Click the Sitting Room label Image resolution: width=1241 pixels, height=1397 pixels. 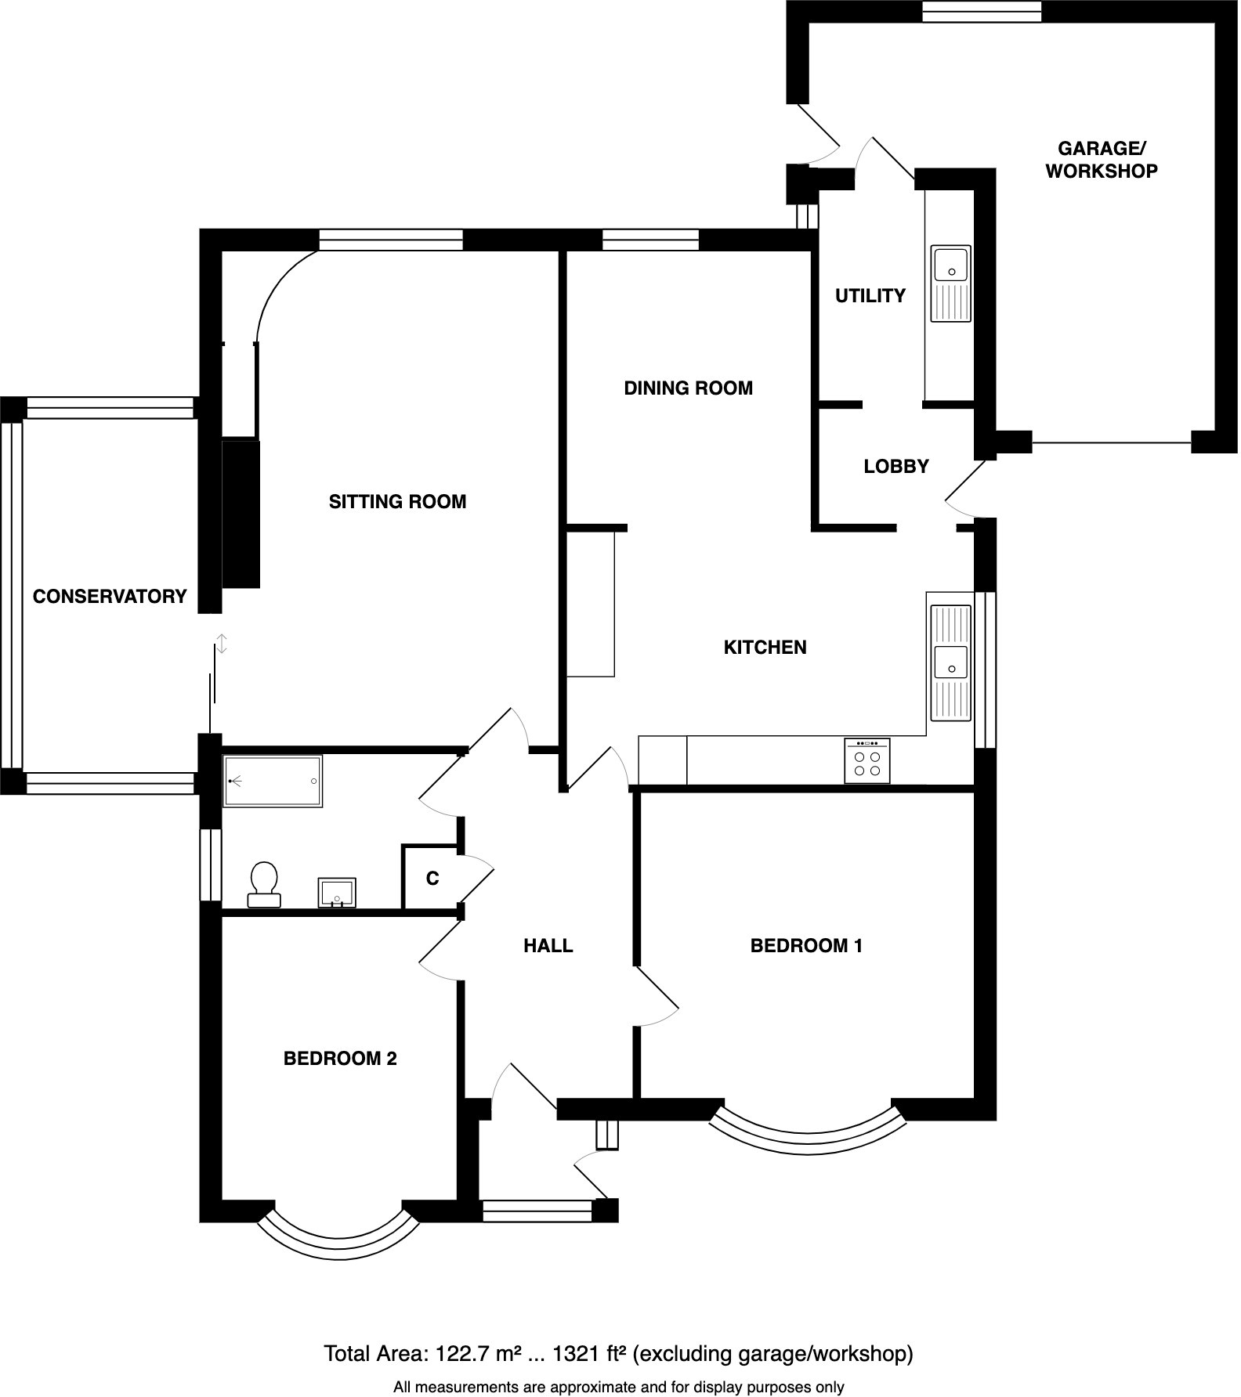click(x=397, y=502)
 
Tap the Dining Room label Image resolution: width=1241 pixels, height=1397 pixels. click(x=688, y=388)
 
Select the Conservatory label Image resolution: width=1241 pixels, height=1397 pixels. click(x=110, y=597)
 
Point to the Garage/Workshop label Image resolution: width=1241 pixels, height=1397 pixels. click(x=1101, y=160)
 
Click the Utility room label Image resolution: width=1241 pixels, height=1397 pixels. click(x=870, y=296)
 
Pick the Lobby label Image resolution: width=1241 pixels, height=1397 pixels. click(x=896, y=467)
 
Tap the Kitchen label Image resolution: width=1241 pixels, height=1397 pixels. click(x=765, y=648)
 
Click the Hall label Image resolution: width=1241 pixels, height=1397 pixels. click(x=548, y=946)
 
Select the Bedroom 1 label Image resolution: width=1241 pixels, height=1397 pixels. click(x=806, y=946)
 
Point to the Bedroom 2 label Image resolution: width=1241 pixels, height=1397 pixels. click(x=340, y=1059)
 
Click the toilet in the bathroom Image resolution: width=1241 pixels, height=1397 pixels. click(x=264, y=885)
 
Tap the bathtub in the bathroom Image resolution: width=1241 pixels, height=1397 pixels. click(x=273, y=781)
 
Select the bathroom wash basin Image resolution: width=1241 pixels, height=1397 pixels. click(x=338, y=892)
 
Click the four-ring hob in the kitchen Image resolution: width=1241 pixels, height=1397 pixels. click(x=867, y=761)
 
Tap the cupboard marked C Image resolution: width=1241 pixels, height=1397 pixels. click(x=432, y=879)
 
